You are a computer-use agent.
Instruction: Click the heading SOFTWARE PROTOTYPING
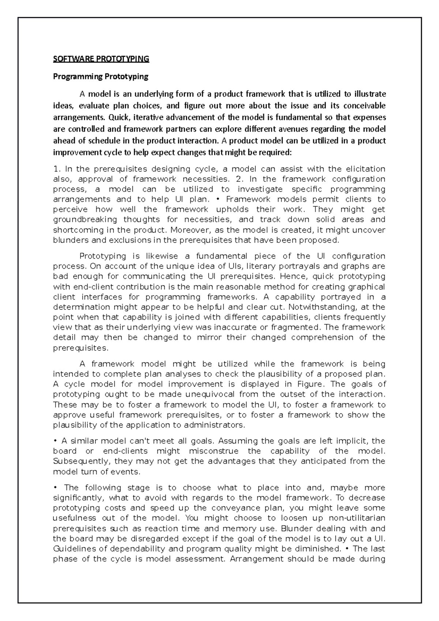click(x=101, y=59)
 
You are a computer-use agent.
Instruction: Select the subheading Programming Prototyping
click(x=101, y=76)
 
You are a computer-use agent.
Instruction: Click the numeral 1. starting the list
click(x=56, y=169)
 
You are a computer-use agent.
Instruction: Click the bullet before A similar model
click(x=55, y=441)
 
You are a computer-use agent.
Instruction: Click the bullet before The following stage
click(x=55, y=488)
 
